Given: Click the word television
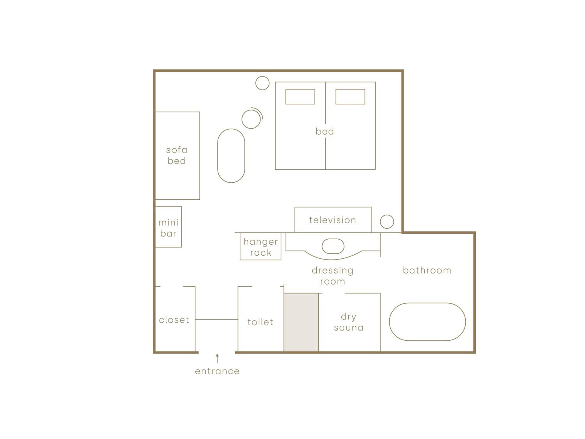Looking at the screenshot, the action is click(x=332, y=220).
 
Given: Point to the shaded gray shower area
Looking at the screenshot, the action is click(x=301, y=322).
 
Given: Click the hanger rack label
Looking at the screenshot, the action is click(x=261, y=247).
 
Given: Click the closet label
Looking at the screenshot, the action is click(x=174, y=320).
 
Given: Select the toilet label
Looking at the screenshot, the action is click(x=260, y=322).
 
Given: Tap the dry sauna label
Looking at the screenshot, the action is click(x=349, y=322).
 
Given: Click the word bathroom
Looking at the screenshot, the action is click(x=427, y=270).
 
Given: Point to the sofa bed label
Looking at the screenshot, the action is click(x=177, y=156).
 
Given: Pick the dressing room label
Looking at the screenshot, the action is click(x=333, y=276).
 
